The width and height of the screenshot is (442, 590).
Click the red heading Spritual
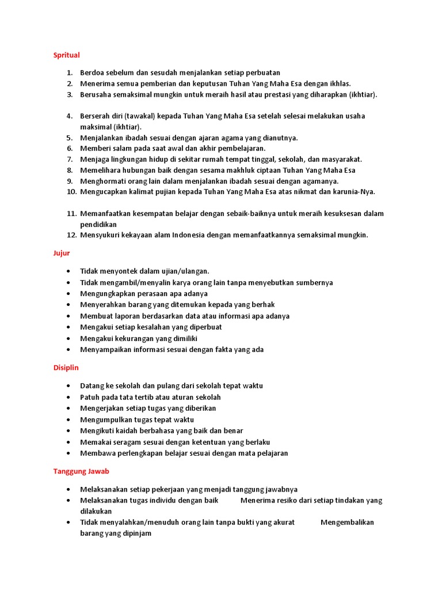click(x=66, y=55)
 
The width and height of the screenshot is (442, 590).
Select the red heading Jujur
click(x=62, y=252)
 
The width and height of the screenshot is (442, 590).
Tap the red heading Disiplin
click(x=66, y=367)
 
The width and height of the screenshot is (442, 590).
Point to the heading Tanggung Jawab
click(x=81, y=471)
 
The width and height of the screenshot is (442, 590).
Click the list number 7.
click(x=70, y=160)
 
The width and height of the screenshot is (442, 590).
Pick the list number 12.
click(x=71, y=235)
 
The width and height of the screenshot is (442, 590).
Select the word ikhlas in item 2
click(x=338, y=84)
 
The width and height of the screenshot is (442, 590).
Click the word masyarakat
click(x=340, y=160)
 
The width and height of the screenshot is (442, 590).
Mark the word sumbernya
click(x=313, y=283)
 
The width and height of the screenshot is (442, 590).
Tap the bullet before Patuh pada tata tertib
click(x=70, y=398)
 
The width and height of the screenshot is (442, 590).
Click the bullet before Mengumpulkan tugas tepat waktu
click(x=70, y=420)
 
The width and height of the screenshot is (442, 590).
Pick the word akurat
click(x=281, y=523)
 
